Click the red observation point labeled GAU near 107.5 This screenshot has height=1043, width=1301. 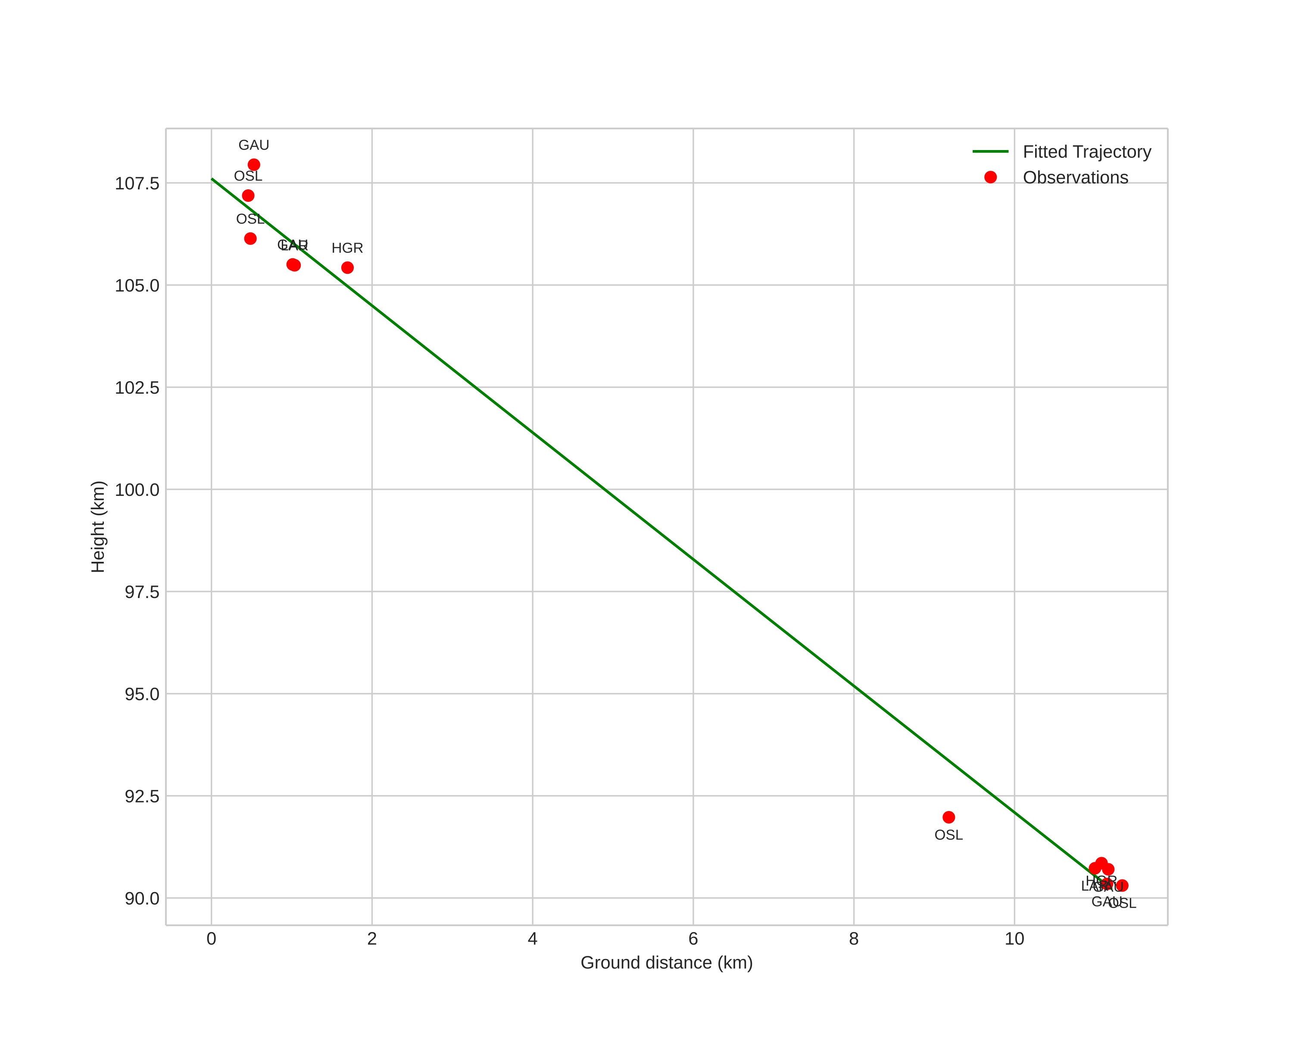254,165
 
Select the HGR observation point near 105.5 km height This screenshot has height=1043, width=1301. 348,267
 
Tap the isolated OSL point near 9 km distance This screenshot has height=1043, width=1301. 948,817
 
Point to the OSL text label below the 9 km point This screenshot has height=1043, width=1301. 948,835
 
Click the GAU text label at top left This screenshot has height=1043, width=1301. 254,145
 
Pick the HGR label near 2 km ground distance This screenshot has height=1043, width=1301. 348,248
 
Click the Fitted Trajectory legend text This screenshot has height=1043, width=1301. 1087,152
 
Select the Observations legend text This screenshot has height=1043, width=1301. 1075,178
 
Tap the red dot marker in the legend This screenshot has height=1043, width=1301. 990,178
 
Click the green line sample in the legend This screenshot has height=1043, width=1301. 990,151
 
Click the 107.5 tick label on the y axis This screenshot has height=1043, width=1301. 137,184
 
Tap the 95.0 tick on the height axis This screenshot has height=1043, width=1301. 142,695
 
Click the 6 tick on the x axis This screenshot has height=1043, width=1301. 693,939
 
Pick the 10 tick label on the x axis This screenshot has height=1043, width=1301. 1014,939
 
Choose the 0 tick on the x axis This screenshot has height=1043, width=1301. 211,939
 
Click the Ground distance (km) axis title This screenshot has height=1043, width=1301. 667,963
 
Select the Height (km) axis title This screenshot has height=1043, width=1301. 98,526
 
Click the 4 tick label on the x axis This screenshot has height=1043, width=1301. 532,939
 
